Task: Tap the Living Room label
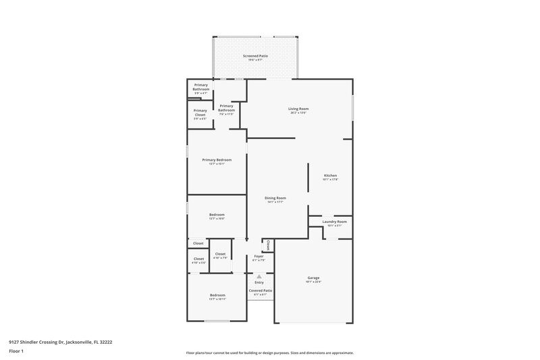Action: coord(298,109)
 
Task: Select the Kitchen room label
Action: coord(330,176)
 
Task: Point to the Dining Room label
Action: coord(275,198)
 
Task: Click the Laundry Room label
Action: coord(334,222)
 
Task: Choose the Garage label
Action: coord(313,278)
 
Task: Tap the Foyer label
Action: coord(259,256)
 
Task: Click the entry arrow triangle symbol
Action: coord(259,276)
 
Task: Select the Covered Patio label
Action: coord(261,290)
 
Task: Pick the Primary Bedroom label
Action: coord(217,159)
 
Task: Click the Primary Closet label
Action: coord(200,113)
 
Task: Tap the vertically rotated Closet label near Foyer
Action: coord(268,244)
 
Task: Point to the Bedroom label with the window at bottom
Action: coord(217,295)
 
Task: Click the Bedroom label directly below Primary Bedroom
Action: coord(217,214)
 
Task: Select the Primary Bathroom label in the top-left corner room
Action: coord(200,87)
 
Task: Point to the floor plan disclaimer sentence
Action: coord(269,353)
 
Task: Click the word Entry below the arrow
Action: coord(259,282)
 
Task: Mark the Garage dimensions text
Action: coord(313,282)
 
